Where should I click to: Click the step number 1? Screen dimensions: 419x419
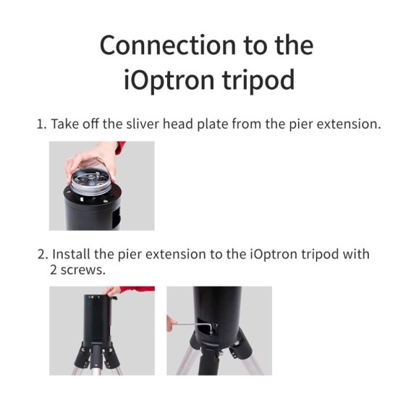(x=41, y=124)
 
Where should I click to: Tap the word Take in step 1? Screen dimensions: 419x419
(x=64, y=124)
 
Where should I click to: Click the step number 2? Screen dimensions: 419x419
(x=41, y=255)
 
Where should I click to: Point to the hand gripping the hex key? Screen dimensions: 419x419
(x=172, y=323)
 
